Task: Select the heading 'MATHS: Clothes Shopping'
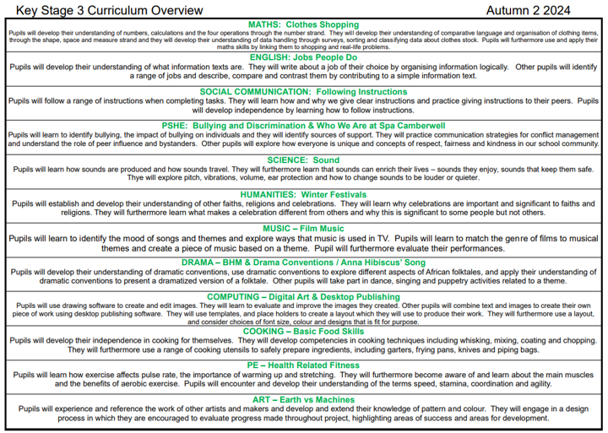coord(303,24)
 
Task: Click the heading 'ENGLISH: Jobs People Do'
coord(303,57)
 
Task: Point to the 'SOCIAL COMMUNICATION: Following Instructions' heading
coord(303,91)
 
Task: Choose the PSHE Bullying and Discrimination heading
coord(303,125)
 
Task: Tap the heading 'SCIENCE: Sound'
coord(303,160)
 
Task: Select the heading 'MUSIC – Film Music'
coord(303,229)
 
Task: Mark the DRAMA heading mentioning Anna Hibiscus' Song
coord(303,263)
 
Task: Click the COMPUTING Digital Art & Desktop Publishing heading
coord(303,296)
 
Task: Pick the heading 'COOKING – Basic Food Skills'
coord(303,331)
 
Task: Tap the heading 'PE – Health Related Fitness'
coord(303,365)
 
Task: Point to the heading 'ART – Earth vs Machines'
coord(303,399)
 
